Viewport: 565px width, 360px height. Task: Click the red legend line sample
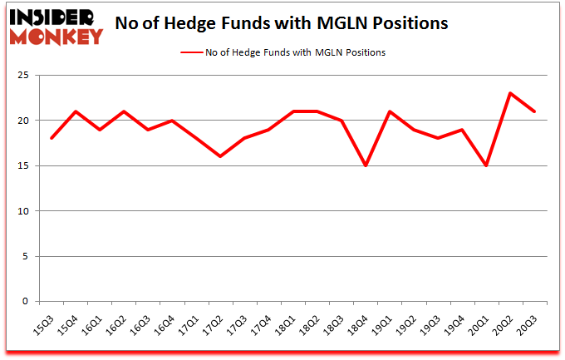click(x=193, y=52)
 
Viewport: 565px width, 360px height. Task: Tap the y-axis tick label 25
click(x=25, y=76)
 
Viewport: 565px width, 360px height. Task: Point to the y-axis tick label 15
click(x=25, y=166)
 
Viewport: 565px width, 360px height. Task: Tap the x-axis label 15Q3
click(x=51, y=320)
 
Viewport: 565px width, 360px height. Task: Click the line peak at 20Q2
click(x=509, y=93)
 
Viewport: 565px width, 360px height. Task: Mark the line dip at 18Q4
click(x=365, y=165)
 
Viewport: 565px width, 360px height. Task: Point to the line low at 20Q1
click(x=485, y=165)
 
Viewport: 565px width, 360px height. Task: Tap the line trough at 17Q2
click(x=220, y=156)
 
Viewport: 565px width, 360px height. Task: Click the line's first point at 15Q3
click(x=52, y=138)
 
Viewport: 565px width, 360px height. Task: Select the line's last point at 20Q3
click(x=533, y=111)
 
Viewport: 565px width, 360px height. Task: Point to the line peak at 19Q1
click(x=389, y=111)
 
